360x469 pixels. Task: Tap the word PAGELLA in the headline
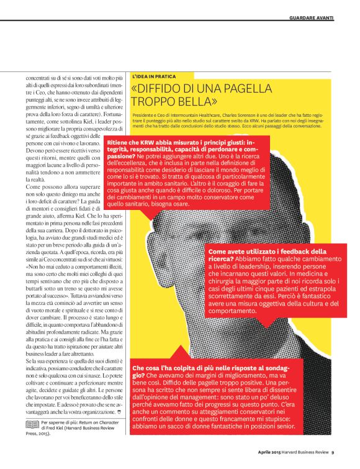pos(268,88)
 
